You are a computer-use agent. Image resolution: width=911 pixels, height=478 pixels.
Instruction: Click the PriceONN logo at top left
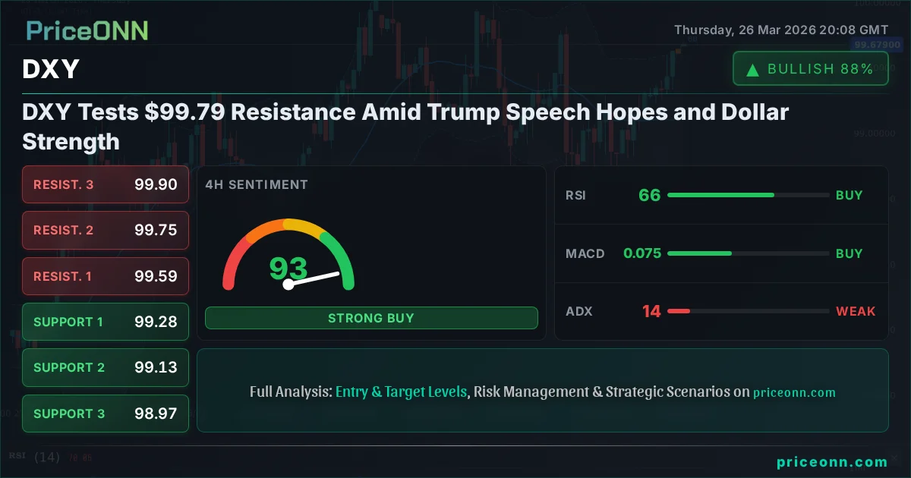87,30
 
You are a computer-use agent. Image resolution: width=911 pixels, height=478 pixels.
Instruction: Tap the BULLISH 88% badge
810,69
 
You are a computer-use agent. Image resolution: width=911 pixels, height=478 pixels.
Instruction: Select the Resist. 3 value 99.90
156,184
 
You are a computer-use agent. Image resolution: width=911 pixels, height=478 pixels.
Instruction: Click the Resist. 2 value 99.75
156,230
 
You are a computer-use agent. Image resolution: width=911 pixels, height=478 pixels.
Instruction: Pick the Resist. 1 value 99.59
156,276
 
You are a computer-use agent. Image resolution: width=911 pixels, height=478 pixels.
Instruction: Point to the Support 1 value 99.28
156,322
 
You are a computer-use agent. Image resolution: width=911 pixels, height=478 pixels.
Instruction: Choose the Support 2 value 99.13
156,367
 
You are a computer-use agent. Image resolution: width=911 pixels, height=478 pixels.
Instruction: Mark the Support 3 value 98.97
156,414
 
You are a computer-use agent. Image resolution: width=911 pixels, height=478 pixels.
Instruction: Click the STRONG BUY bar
371,318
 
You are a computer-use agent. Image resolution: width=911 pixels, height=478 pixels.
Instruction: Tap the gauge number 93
288,269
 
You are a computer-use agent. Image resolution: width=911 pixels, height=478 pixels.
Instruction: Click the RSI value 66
649,195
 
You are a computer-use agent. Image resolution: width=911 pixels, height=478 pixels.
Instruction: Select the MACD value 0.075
642,253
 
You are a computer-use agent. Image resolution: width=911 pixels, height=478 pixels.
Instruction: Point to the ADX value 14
651,311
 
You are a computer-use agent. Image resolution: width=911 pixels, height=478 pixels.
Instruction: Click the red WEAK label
856,311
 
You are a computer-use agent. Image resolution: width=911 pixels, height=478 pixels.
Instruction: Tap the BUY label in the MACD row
849,253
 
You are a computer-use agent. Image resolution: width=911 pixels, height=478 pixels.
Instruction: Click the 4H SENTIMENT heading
257,184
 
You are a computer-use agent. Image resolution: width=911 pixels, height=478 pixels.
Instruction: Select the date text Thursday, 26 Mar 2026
743,30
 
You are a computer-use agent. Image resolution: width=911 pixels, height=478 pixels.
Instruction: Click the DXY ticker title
51,70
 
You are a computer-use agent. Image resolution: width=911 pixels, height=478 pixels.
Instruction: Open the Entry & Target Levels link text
401,392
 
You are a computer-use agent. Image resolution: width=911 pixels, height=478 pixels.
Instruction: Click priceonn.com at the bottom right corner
832,462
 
